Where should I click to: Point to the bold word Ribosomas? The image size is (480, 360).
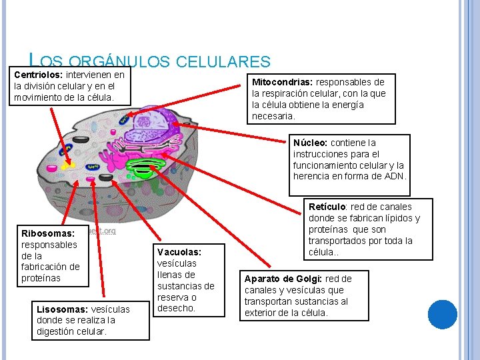pos(48,233)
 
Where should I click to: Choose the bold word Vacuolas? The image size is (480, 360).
pos(179,252)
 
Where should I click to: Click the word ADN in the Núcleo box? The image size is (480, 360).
pos(395,176)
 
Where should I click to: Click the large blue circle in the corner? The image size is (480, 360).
pos(442,314)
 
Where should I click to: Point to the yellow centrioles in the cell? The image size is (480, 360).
pos(67,162)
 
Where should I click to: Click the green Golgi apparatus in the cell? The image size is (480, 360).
pos(143,167)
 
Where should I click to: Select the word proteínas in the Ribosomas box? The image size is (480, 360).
pos(41,278)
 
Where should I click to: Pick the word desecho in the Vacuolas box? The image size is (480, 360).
pos(176,309)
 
